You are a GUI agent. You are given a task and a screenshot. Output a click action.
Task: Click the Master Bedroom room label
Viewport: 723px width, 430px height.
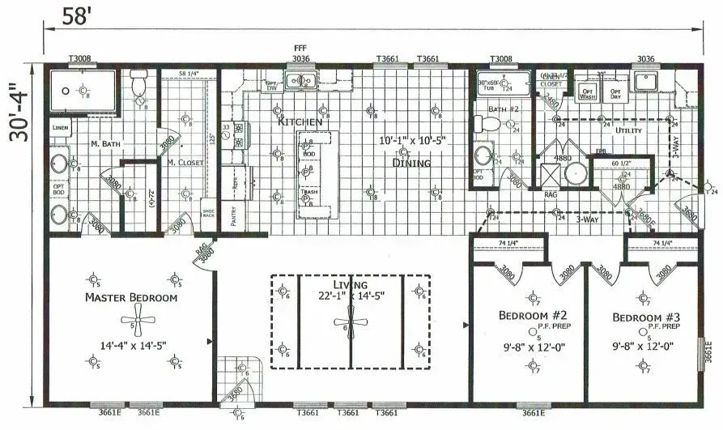(131, 297)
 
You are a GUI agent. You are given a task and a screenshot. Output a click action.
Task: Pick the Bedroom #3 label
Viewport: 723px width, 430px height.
(644, 316)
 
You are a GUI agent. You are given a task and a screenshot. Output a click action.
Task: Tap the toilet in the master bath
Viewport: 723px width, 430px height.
(138, 83)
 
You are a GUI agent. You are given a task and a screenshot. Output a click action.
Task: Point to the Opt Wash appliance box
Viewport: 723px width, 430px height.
(589, 93)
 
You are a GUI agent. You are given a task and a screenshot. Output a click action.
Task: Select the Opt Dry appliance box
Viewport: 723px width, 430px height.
(617, 93)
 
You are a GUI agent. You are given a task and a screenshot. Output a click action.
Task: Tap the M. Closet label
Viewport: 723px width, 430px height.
(185, 163)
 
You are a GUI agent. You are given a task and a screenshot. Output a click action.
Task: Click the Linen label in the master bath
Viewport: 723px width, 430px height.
(61, 128)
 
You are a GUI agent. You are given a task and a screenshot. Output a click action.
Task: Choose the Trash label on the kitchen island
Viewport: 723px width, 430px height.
(308, 192)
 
